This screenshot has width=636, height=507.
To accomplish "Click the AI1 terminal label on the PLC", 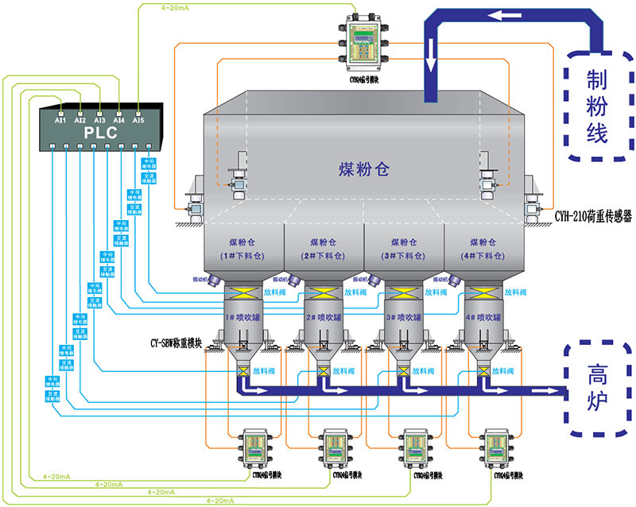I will pos(60,120).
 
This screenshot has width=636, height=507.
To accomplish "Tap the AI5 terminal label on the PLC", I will pos(138,120).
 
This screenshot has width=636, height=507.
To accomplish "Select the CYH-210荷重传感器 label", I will pos(593,215).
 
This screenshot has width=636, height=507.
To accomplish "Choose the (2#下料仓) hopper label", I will pos(322,256).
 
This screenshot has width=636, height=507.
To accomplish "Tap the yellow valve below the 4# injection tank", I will pos(483,371).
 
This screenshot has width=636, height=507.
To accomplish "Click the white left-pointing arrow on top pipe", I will pos(506,15).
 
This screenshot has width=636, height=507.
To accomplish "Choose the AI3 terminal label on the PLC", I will pos(99,120).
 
